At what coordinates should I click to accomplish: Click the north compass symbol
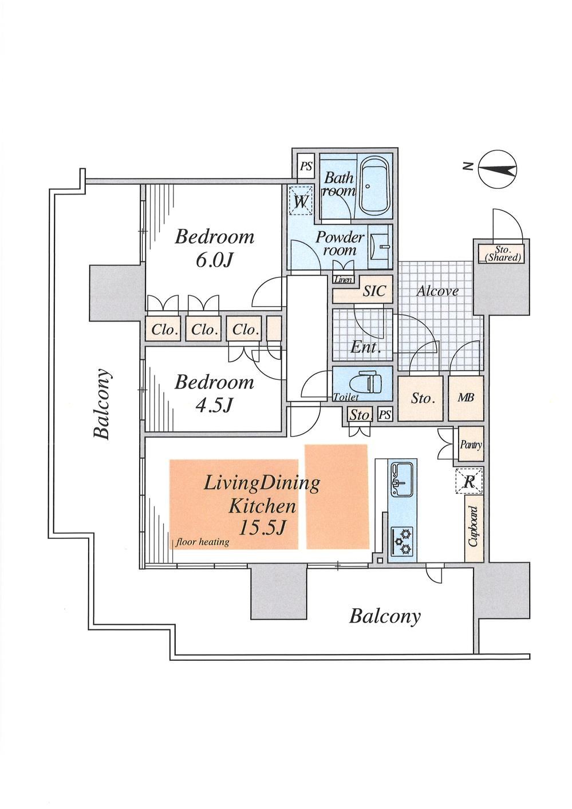498,169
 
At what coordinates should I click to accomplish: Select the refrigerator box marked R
469,481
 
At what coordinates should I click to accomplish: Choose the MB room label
466,398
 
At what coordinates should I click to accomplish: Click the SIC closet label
374,291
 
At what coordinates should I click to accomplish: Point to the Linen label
343,279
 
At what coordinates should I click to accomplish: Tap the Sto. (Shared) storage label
502,254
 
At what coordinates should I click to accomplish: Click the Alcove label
437,291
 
